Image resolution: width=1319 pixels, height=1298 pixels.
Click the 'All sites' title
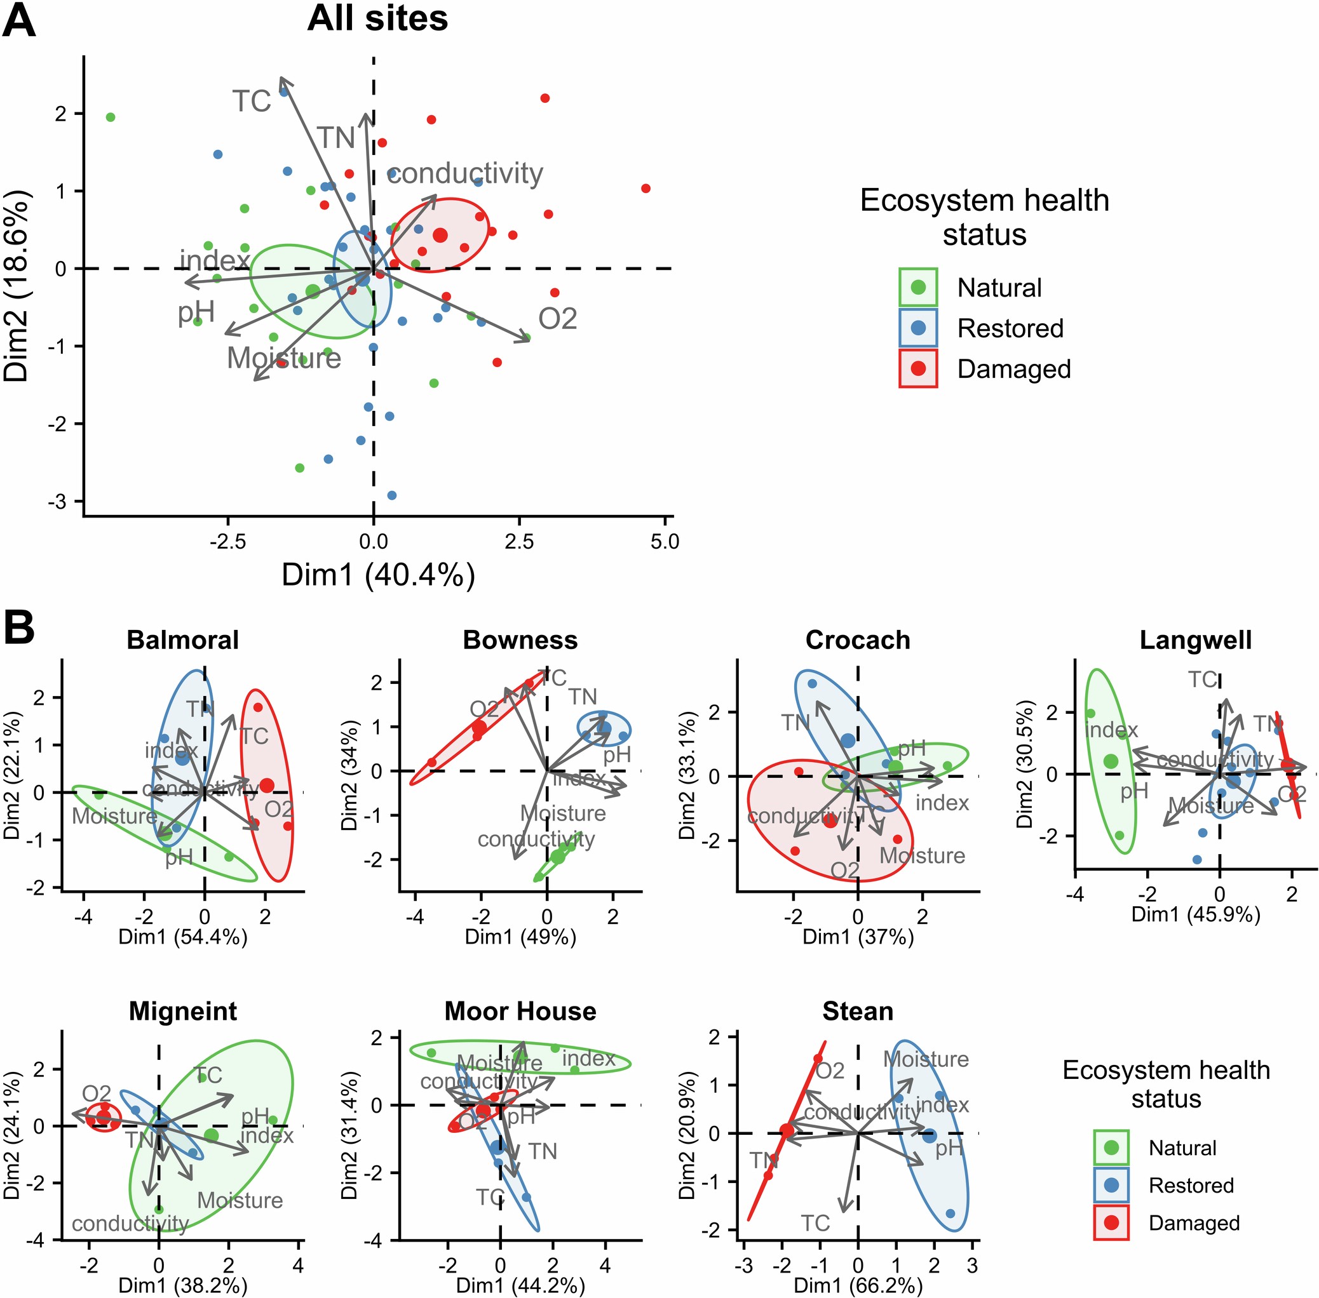pos(377,18)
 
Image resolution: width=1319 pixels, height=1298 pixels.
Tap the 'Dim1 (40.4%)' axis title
pos(378,575)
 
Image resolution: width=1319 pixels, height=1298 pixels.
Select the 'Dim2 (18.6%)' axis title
pos(17,286)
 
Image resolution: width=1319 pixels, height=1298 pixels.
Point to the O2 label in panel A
pos(557,319)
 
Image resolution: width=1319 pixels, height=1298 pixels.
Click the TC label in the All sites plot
pos(252,102)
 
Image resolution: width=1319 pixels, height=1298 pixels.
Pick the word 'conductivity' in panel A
pos(464,173)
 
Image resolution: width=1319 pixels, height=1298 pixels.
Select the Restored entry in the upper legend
pos(1010,328)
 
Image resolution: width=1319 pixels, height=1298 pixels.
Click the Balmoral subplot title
pos(183,640)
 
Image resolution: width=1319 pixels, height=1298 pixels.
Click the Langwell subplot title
pos(1196,640)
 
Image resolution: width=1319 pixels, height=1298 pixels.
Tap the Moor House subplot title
pos(520,1011)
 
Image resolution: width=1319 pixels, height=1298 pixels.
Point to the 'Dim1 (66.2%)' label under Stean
pos(858,1286)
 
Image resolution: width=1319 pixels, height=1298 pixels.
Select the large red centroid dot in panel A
pos(440,235)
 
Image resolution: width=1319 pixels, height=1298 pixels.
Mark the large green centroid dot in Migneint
pos(212,1135)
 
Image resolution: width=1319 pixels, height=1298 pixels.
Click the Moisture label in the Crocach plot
pos(922,855)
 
